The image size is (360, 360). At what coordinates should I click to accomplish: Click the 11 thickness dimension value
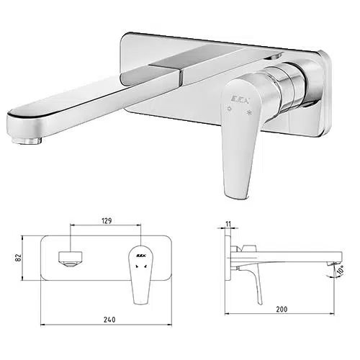[228, 224]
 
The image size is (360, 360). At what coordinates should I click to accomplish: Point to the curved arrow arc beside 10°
[332, 271]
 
